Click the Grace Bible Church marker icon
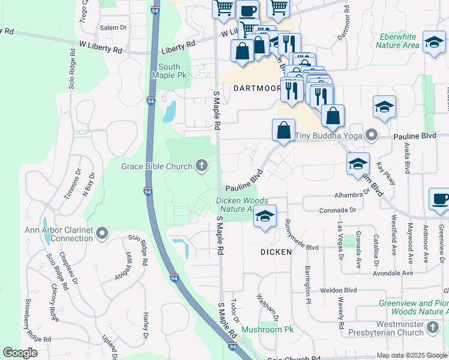pyautogui.click(x=202, y=166)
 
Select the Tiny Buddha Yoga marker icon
pyautogui.click(x=372, y=136)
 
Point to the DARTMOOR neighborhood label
pyautogui.click(x=257, y=88)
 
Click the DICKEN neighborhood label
pyautogui.click(x=276, y=252)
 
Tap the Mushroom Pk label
pyautogui.click(x=267, y=329)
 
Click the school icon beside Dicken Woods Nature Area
pyautogui.click(x=264, y=217)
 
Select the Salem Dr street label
pyautogui.click(x=114, y=28)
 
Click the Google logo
pyautogui.click(x=20, y=353)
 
